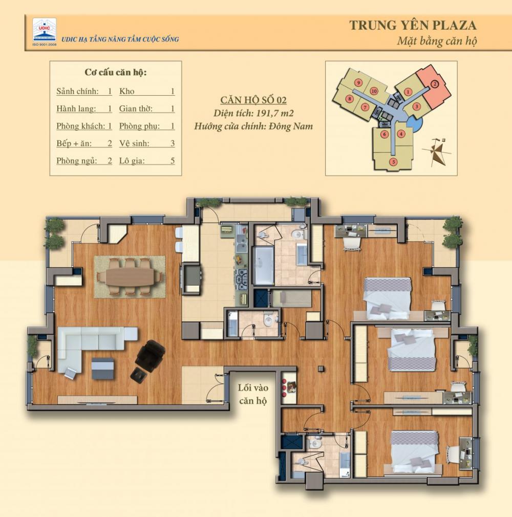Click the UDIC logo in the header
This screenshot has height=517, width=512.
click(x=45, y=32)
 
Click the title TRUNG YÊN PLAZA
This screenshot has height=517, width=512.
click(x=413, y=26)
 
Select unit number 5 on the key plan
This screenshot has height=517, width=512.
click(x=393, y=162)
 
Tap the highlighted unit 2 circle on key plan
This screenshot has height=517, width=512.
click(x=435, y=84)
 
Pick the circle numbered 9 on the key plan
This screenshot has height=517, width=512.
click(x=358, y=82)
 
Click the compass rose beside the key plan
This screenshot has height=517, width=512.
click(x=436, y=152)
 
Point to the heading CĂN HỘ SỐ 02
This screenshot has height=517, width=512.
click(x=253, y=100)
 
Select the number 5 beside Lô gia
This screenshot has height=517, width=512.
click(x=172, y=161)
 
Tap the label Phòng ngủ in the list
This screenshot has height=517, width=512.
click(x=76, y=161)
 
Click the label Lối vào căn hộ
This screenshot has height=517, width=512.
click(x=253, y=394)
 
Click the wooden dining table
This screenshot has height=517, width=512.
click(x=130, y=277)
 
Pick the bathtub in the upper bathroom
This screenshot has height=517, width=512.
click(x=263, y=266)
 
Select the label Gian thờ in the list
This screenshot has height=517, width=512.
click(x=136, y=109)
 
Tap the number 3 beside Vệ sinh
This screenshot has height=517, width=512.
click(x=172, y=143)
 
